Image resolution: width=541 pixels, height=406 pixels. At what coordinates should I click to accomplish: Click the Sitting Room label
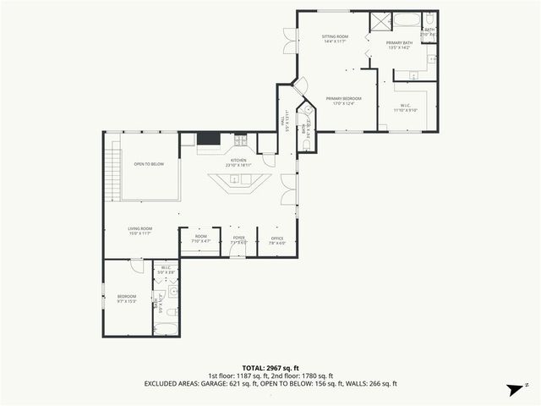click(x=335, y=40)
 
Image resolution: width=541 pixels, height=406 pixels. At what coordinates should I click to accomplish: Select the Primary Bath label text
click(x=398, y=45)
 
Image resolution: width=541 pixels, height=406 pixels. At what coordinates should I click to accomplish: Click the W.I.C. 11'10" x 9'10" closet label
click(x=406, y=107)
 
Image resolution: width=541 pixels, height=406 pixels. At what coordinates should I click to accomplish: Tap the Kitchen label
click(x=238, y=162)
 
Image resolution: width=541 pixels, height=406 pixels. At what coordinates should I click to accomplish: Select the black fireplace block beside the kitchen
click(x=208, y=140)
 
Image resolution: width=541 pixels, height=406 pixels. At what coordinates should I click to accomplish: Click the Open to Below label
click(x=149, y=164)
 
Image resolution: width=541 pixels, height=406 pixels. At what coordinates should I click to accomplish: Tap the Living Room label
click(x=139, y=230)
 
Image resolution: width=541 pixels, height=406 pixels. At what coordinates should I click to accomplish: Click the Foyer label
click(x=239, y=240)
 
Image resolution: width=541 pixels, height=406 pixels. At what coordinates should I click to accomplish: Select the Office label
click(x=276, y=240)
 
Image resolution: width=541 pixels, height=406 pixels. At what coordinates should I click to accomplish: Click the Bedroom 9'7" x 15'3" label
click(x=127, y=298)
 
